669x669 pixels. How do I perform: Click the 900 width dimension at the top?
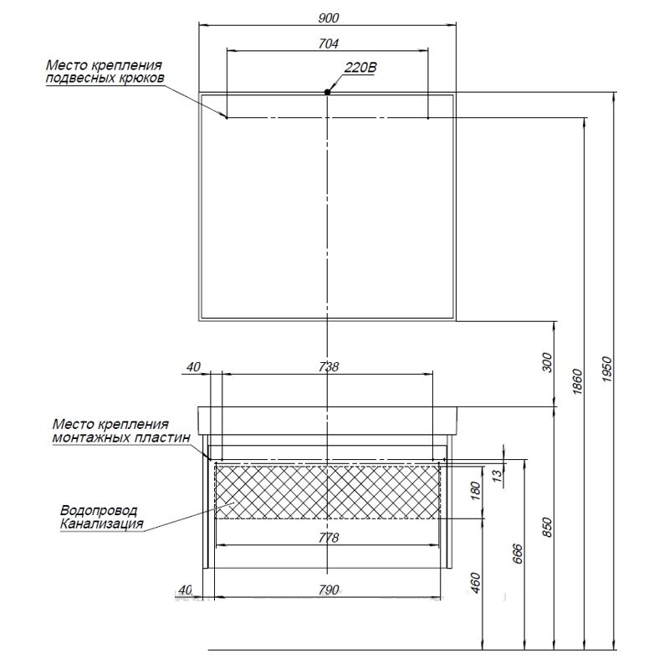(328, 18)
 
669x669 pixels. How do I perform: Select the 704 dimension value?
(328, 44)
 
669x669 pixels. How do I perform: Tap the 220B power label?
(360, 68)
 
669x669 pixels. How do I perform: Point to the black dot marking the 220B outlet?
(327, 92)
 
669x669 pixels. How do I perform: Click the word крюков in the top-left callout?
(141, 79)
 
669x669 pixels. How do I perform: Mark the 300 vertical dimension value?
(547, 362)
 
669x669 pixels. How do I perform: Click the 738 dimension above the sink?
(328, 366)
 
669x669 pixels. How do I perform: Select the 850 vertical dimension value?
(547, 528)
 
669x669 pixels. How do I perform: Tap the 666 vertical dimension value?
(517, 554)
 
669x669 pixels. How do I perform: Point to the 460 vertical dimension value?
(476, 582)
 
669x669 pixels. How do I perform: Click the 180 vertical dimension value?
(476, 490)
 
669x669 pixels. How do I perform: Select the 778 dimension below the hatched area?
(328, 538)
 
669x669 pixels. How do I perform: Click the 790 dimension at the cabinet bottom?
(328, 590)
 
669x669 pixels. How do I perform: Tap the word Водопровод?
(99, 511)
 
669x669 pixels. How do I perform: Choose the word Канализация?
(101, 523)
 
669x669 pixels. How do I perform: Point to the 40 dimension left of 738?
(193, 366)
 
